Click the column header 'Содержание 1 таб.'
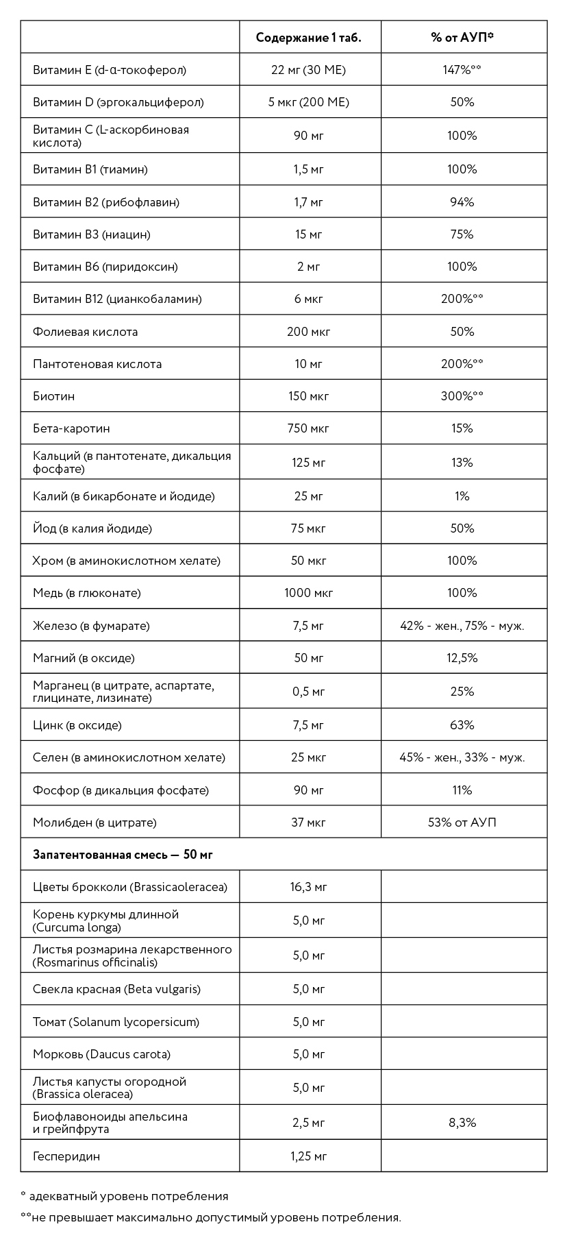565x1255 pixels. coord(308,38)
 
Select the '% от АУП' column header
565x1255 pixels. coord(462,38)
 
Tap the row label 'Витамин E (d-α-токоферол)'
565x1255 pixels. coord(110,70)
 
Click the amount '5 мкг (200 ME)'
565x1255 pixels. coord(308,102)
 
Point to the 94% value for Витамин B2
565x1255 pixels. coord(462,202)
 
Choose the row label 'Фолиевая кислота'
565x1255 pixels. coord(85,332)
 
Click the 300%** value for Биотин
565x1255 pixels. coord(462,396)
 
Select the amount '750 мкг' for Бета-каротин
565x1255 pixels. coord(308,428)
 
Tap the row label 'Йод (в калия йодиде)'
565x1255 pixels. coord(92,528)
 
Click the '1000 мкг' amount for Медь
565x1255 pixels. coord(308,593)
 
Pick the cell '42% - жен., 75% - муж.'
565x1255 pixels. coord(462,626)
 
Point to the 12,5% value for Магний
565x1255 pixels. coord(462,658)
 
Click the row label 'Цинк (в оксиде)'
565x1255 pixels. coord(77,725)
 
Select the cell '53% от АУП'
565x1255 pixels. coord(462,823)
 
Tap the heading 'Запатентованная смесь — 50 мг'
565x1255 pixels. coord(123,855)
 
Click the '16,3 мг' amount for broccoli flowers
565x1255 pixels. coord(308,887)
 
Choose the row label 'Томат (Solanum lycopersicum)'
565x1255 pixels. coord(116,1022)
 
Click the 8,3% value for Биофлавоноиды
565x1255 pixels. coord(462,1123)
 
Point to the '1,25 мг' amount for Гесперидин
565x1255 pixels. coord(308,1156)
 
